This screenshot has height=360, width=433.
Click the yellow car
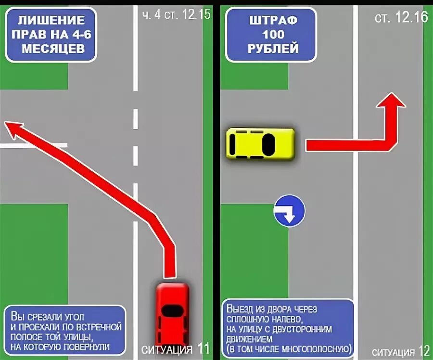(260, 143)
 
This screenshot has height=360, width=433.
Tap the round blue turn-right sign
(289, 211)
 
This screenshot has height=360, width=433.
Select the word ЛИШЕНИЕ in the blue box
(51, 20)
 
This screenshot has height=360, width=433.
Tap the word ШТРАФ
(273, 21)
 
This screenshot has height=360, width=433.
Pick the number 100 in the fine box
(273, 35)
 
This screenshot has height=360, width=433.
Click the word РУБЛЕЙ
(273, 49)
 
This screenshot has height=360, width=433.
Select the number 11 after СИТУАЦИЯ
(204, 348)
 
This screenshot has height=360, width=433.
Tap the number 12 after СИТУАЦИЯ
(424, 350)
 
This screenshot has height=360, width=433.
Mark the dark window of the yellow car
(267, 143)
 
